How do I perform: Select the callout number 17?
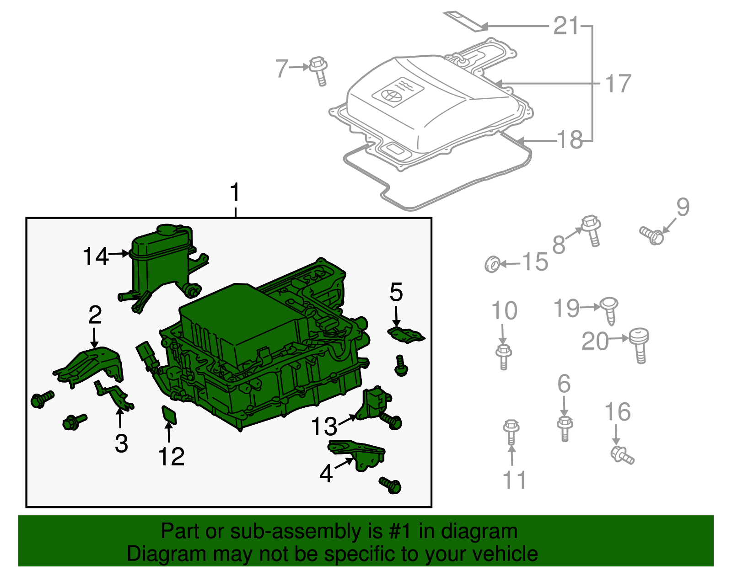[x=618, y=84]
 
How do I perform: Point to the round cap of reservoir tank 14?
[x=167, y=229]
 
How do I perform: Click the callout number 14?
[x=96, y=256]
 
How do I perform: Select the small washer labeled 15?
[x=492, y=264]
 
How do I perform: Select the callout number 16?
[x=618, y=412]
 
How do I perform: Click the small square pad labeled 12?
[x=169, y=415]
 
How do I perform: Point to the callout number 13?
[x=324, y=427]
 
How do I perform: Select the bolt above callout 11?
[x=511, y=432]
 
